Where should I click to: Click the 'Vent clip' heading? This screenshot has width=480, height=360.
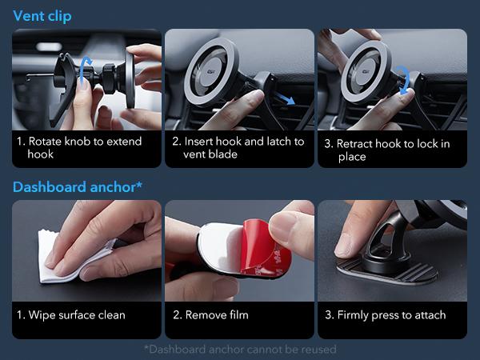click(42, 15)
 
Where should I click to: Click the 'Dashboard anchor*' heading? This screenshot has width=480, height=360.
click(78, 187)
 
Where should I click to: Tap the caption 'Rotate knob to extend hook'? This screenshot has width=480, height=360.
click(79, 147)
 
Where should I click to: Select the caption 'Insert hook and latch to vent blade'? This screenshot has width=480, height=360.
click(238, 147)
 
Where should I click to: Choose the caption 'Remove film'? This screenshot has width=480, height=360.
click(217, 314)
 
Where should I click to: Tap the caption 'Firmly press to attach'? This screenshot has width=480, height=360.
click(385, 314)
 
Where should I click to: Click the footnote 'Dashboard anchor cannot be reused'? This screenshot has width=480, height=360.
click(240, 349)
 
